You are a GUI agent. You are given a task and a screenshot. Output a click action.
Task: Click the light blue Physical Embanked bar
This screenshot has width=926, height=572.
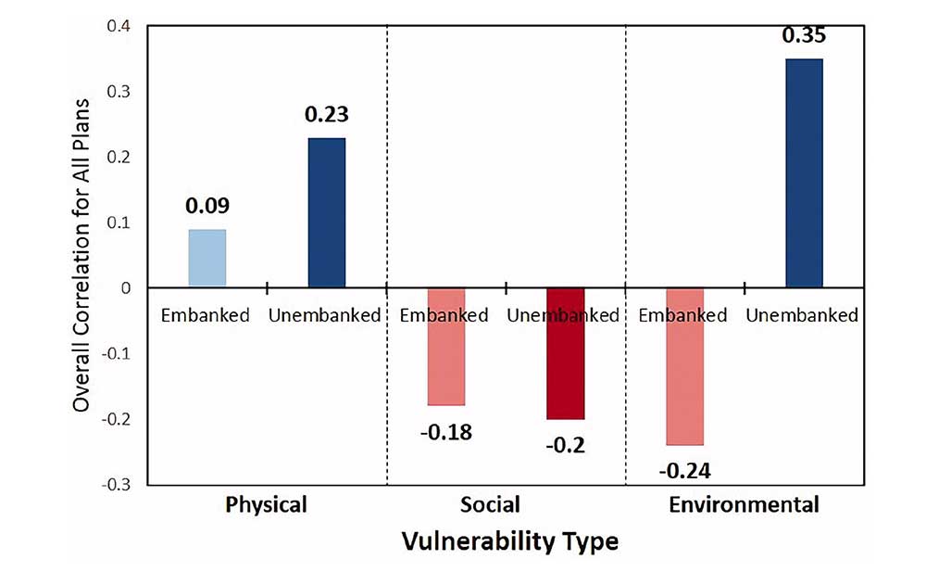click(x=206, y=259)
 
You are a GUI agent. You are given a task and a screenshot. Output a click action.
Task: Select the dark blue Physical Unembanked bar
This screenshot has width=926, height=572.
click(x=326, y=213)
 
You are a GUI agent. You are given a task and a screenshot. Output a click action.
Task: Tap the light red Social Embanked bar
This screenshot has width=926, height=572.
click(x=445, y=347)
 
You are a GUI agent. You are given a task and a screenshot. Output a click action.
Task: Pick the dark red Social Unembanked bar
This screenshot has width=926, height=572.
click(x=565, y=353)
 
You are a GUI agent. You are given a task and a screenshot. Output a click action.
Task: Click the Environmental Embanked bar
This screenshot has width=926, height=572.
click(x=684, y=366)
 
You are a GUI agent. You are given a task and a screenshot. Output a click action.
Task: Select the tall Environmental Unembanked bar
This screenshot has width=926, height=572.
click(x=804, y=173)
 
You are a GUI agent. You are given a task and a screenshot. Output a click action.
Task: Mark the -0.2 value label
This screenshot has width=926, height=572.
click(x=565, y=444)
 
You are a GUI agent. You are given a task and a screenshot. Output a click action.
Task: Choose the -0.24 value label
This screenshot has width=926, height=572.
click(x=684, y=470)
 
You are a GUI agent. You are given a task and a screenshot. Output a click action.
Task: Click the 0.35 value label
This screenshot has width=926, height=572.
click(x=804, y=36)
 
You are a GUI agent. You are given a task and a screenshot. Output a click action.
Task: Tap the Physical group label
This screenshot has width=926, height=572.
click(x=266, y=505)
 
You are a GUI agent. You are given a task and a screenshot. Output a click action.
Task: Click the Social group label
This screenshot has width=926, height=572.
click(x=490, y=505)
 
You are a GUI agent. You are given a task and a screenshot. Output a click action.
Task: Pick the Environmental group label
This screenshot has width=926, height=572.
click(x=744, y=505)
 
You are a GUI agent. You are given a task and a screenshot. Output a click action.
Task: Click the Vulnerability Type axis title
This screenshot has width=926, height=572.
click(x=509, y=541)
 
